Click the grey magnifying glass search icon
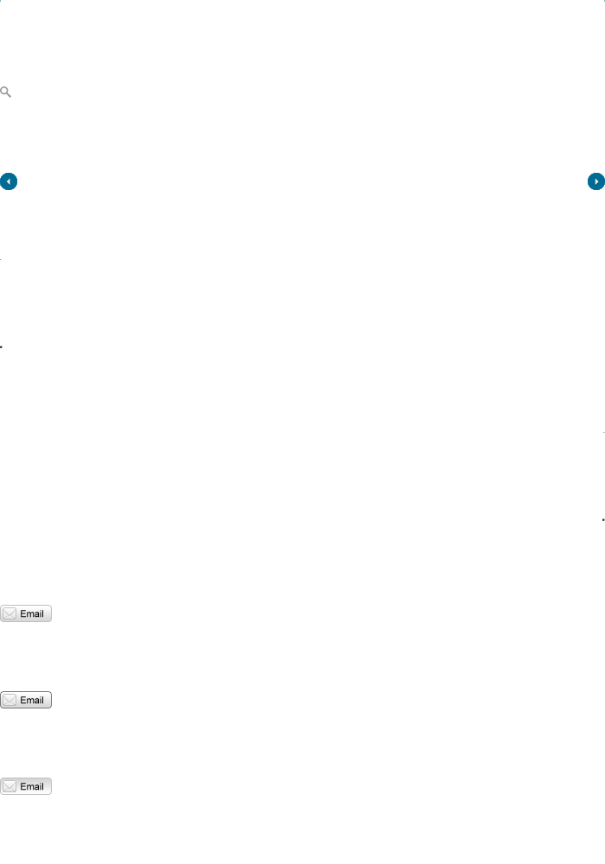(x=5, y=92)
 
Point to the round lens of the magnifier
(x=4, y=90)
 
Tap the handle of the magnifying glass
(x=9, y=95)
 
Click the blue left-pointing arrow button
(x=9, y=181)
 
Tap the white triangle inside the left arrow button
(x=8, y=181)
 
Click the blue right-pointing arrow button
(x=595, y=181)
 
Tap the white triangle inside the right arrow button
(x=596, y=181)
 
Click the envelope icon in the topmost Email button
(x=10, y=613)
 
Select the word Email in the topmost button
(x=32, y=613)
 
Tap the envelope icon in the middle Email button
(x=10, y=700)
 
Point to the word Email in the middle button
(x=32, y=700)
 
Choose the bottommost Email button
(x=26, y=786)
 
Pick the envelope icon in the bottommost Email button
(x=10, y=786)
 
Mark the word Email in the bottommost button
(x=32, y=786)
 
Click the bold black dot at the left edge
(x=2, y=346)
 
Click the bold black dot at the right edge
(x=602, y=520)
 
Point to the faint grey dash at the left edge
(x=1, y=258)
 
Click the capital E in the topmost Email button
(x=22, y=613)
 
